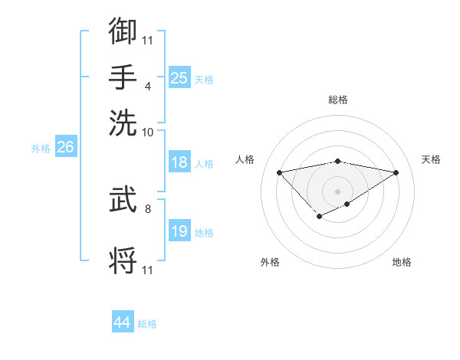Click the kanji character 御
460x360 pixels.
pyautogui.click(x=123, y=31)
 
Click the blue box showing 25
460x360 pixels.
pyautogui.click(x=179, y=77)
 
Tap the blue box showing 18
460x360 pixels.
pyautogui.click(x=179, y=162)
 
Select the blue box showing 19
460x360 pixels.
pyautogui.click(x=179, y=231)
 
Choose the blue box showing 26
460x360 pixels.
pyautogui.click(x=65, y=147)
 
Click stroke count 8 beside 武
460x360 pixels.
pyautogui.click(x=148, y=207)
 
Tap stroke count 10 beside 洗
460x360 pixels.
pyautogui.click(x=148, y=132)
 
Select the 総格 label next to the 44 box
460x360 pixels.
pyautogui.click(x=147, y=324)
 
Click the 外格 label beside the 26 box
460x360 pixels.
pyautogui.click(x=41, y=149)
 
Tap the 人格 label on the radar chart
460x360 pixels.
pyautogui.click(x=245, y=159)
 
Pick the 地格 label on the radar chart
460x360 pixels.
pyautogui.click(x=402, y=262)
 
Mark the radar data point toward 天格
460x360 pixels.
pyautogui.click(x=396, y=173)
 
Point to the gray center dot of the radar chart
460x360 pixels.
pyautogui.click(x=337, y=191)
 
